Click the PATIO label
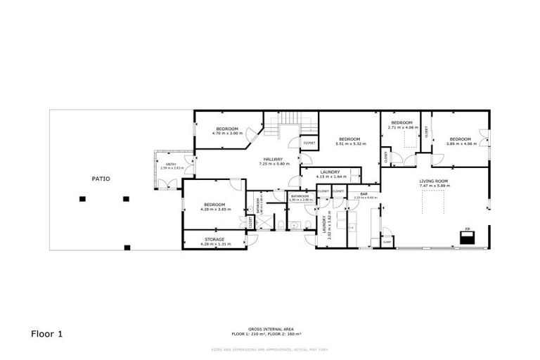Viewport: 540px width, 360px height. click(x=101, y=179)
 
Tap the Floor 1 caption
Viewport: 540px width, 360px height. click(x=47, y=334)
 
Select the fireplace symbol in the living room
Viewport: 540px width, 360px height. click(x=467, y=236)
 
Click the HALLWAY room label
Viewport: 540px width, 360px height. click(x=274, y=160)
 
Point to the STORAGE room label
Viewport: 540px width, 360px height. click(x=214, y=239)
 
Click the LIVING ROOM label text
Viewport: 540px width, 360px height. click(x=434, y=181)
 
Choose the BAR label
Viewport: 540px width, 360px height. click(x=364, y=193)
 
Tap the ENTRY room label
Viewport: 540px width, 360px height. click(x=171, y=164)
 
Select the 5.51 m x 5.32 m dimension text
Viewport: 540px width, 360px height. click(x=349, y=143)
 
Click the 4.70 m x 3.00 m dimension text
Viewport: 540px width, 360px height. click(x=227, y=133)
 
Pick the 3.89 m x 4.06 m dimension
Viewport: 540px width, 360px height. click(x=460, y=143)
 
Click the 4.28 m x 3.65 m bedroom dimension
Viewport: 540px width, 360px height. click(x=214, y=209)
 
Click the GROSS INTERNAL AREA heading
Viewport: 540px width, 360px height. click(x=270, y=328)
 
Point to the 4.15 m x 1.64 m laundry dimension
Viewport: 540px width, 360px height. click(x=330, y=176)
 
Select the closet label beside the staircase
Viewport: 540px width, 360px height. click(x=309, y=143)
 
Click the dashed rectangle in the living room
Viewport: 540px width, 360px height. click(x=432, y=202)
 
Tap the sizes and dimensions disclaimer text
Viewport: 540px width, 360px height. click(x=270, y=349)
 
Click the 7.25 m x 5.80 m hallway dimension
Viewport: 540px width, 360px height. click(x=274, y=164)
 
